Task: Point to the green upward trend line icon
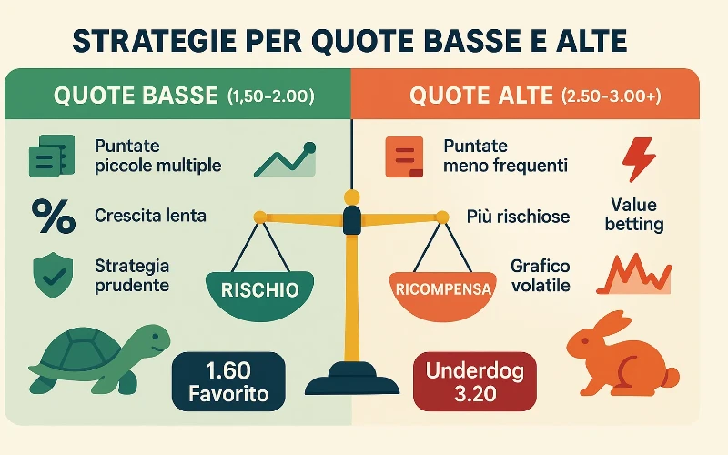pyautogui.click(x=285, y=160)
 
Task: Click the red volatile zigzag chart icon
pyautogui.click(x=638, y=272)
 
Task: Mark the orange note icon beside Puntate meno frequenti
pyautogui.click(x=405, y=157)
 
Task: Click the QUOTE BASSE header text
pyautogui.click(x=136, y=95)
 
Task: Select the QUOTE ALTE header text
pyautogui.click(x=481, y=95)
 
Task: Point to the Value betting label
pyautogui.click(x=634, y=215)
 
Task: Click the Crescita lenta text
pyautogui.click(x=150, y=217)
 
